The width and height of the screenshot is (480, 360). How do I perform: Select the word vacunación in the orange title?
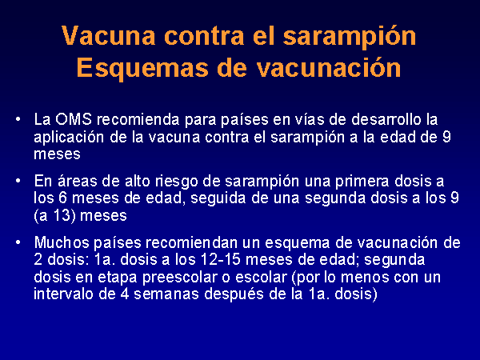click(329, 67)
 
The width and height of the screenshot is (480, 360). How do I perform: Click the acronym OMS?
click(74, 119)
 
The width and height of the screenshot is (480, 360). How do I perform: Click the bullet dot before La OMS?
click(18, 118)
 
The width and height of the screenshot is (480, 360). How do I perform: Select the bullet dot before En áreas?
click(18, 181)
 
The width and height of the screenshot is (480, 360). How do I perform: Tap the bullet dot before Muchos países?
click(18, 242)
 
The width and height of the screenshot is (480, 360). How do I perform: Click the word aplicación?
click(69, 138)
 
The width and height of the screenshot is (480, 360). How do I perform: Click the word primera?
click(362, 182)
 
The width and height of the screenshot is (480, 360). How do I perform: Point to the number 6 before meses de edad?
click(62, 198)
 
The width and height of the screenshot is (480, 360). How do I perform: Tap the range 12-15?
click(221, 259)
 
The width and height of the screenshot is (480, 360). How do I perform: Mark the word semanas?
click(166, 294)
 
